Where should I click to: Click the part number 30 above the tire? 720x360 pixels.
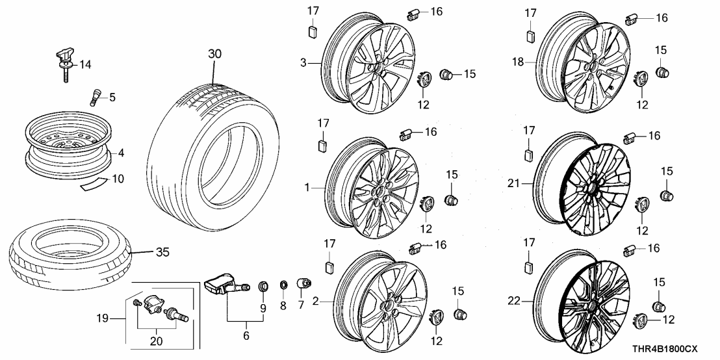215,54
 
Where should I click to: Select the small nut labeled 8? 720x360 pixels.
284,285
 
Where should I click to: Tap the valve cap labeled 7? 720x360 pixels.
302,284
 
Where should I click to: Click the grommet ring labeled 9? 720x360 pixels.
263,285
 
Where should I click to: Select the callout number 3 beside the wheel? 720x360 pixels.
303,63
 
